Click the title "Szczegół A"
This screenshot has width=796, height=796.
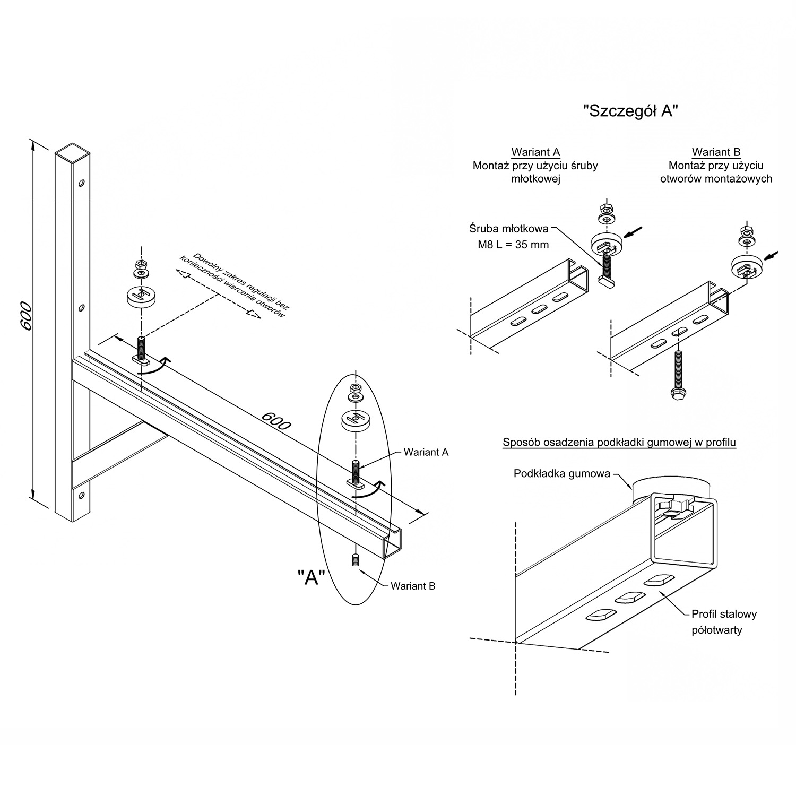point(630,111)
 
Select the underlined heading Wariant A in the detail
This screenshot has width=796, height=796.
point(535,152)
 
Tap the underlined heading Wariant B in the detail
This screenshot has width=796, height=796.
point(716,152)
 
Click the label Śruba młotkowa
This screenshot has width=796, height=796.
point(509,229)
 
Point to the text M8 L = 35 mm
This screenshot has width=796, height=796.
point(510,245)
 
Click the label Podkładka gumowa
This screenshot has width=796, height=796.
point(561,473)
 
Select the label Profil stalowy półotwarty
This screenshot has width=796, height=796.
point(723,622)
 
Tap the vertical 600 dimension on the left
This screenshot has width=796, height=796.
point(25,317)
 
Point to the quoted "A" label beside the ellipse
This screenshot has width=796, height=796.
point(311,576)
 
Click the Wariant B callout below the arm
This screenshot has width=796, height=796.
point(413,586)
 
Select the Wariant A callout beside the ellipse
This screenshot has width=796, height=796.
point(426,452)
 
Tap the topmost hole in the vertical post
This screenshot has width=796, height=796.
point(81,183)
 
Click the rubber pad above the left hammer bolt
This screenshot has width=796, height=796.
point(141,296)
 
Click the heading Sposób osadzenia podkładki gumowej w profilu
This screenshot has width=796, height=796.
point(619,442)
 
